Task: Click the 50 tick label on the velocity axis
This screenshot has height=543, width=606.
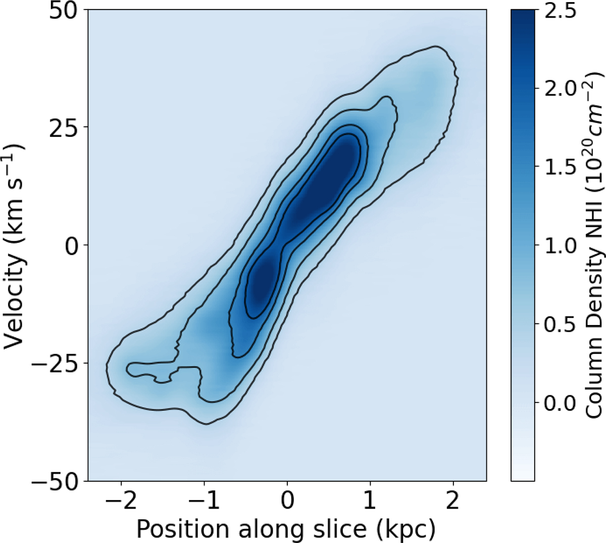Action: (64, 10)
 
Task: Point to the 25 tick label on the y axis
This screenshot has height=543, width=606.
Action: (64, 127)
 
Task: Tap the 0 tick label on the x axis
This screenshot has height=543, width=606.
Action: (287, 501)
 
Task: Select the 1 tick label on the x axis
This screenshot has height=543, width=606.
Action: (370, 501)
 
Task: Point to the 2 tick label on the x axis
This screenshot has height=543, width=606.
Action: (453, 501)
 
